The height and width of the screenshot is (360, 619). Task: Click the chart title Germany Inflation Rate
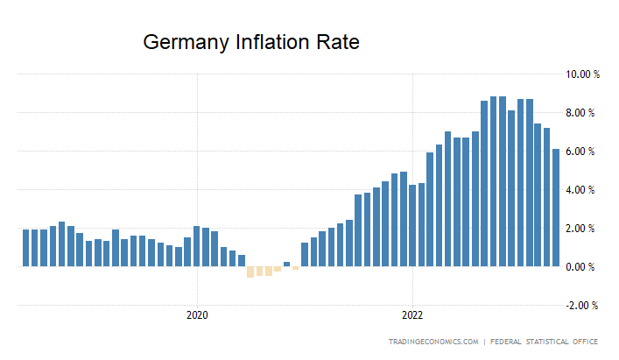[251, 42]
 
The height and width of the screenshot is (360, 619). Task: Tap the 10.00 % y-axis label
[581, 74]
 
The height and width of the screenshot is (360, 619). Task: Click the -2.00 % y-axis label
[583, 306]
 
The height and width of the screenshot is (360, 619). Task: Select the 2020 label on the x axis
[197, 314]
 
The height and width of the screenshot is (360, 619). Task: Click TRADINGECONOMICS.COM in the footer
[433, 341]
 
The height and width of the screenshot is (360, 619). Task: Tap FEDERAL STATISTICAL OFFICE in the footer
[549, 341]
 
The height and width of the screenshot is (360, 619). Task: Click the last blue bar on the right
[556, 208]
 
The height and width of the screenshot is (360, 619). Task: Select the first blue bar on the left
[26, 248]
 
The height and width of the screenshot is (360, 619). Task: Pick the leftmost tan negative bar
[250, 272]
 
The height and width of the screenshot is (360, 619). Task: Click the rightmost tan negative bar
[295, 268]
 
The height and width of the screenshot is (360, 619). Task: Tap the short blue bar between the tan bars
[286, 264]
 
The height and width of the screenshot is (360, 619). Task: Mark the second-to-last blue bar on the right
[547, 197]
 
